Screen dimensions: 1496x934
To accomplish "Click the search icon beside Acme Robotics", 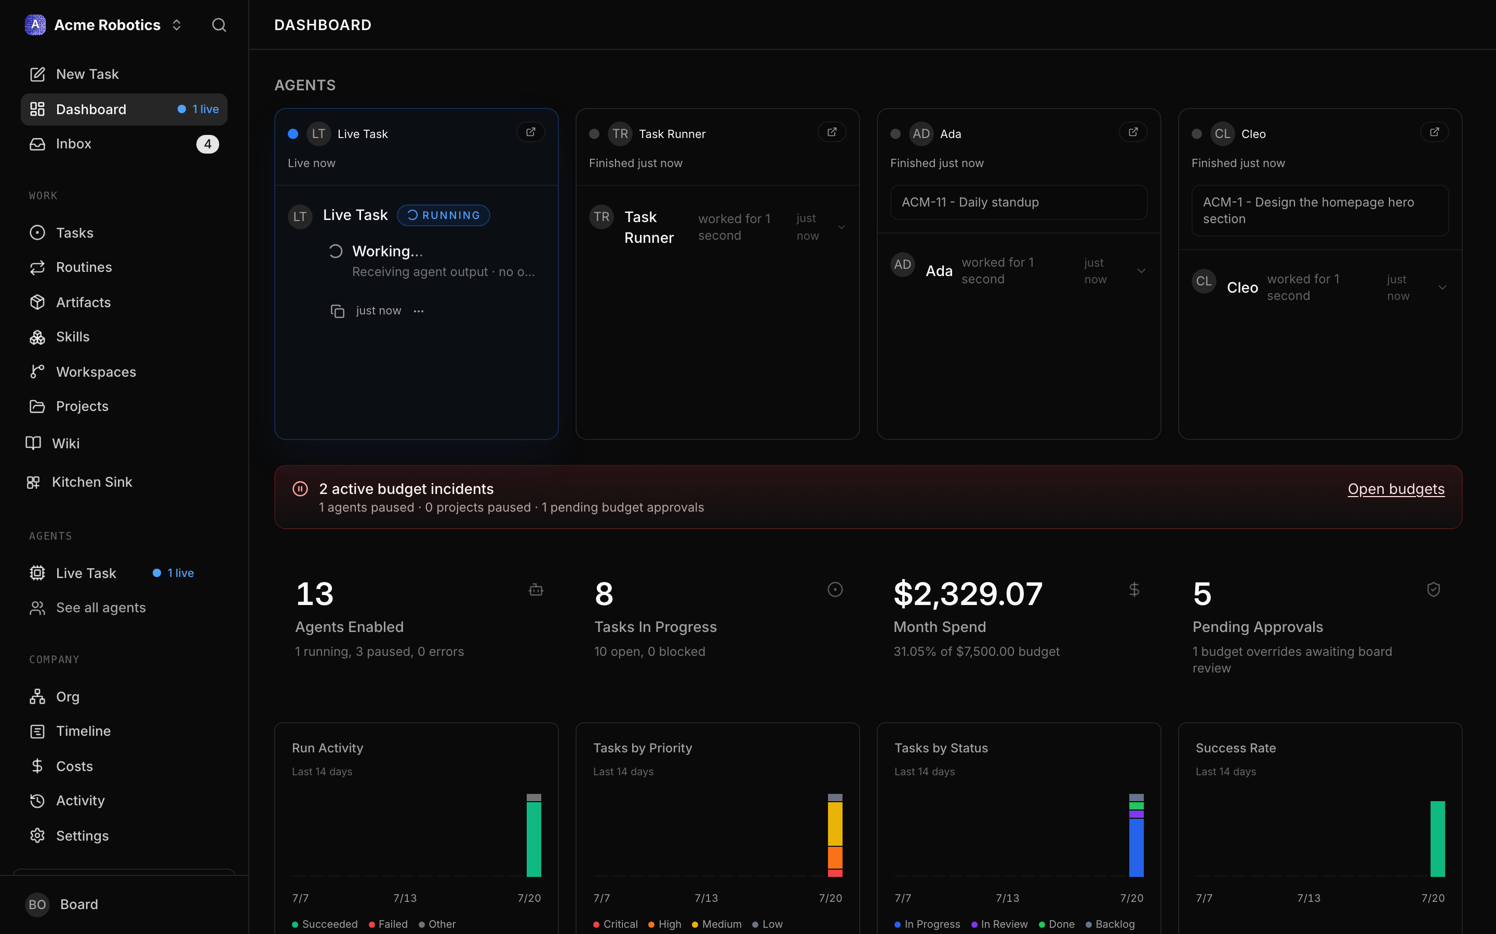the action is click(x=219, y=25).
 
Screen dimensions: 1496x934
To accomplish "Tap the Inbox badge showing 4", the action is click(x=208, y=144).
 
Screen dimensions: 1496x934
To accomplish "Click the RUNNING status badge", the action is click(x=443, y=215).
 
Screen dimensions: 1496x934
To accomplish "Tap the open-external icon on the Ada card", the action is click(x=1133, y=132).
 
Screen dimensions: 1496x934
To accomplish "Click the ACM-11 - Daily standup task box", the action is click(x=1019, y=202).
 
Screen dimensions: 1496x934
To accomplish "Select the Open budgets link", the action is click(x=1396, y=489).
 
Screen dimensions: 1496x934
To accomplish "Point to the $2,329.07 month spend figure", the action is click(x=968, y=594).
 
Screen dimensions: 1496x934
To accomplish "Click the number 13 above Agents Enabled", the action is click(x=315, y=594).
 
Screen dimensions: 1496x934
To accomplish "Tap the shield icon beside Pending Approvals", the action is click(x=1434, y=589).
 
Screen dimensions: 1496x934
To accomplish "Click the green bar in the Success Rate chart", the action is click(x=1438, y=839).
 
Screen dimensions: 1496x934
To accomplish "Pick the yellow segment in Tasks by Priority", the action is click(x=835, y=824).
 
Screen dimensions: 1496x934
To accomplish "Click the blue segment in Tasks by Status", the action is click(x=1136, y=847).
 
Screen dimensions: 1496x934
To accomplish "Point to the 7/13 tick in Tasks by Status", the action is click(x=1008, y=898).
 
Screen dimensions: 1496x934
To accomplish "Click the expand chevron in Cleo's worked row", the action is click(x=1442, y=287).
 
